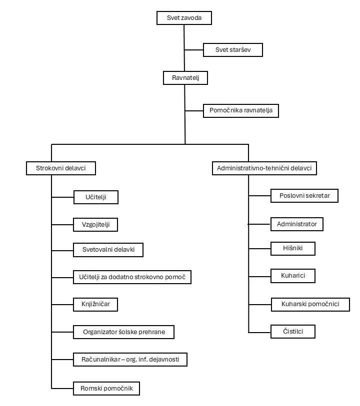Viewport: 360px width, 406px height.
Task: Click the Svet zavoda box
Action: click(x=184, y=18)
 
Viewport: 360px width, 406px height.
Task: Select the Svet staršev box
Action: click(x=233, y=50)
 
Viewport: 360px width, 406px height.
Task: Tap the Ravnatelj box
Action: click(x=185, y=78)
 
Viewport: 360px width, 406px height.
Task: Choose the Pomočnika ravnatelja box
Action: click(x=241, y=111)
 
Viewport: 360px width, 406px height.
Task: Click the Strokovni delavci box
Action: click(x=61, y=168)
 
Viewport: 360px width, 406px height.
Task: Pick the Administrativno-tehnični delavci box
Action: click(x=264, y=168)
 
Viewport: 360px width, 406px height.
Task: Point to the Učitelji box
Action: click(x=96, y=197)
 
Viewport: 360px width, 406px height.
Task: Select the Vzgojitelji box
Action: click(x=95, y=225)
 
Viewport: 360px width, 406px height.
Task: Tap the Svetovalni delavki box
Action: click(x=108, y=250)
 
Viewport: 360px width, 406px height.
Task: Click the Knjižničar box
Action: click(x=95, y=305)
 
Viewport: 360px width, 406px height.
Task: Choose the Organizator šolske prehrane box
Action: click(x=124, y=332)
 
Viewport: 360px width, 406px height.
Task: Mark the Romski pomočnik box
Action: click(x=106, y=389)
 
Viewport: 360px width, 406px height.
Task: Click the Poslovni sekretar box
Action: click(x=304, y=196)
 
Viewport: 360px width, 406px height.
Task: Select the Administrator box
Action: click(x=297, y=224)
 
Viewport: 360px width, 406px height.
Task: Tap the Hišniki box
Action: click(x=293, y=249)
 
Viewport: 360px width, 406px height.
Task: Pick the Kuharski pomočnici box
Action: click(x=310, y=305)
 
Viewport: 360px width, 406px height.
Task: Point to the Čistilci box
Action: click(x=293, y=332)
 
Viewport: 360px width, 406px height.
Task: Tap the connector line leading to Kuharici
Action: click(x=259, y=277)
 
